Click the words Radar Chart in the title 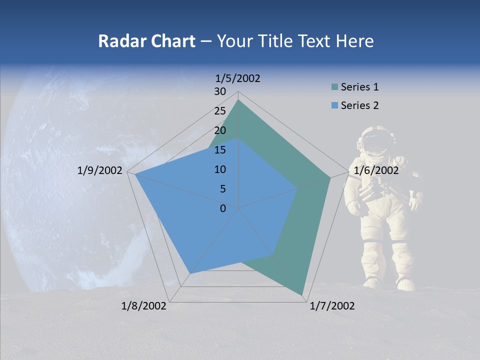146,41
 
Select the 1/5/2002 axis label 238,78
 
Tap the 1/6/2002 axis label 376,170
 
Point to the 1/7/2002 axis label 332,306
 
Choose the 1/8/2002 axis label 144,306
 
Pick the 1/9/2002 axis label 100,170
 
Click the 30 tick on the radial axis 220,91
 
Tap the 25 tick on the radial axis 220,111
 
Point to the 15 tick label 220,150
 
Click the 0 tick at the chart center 223,208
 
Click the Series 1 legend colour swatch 334,87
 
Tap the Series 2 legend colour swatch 334,105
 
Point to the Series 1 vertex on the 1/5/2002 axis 238,100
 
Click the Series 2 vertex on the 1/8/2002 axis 189,273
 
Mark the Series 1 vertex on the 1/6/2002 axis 330,177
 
